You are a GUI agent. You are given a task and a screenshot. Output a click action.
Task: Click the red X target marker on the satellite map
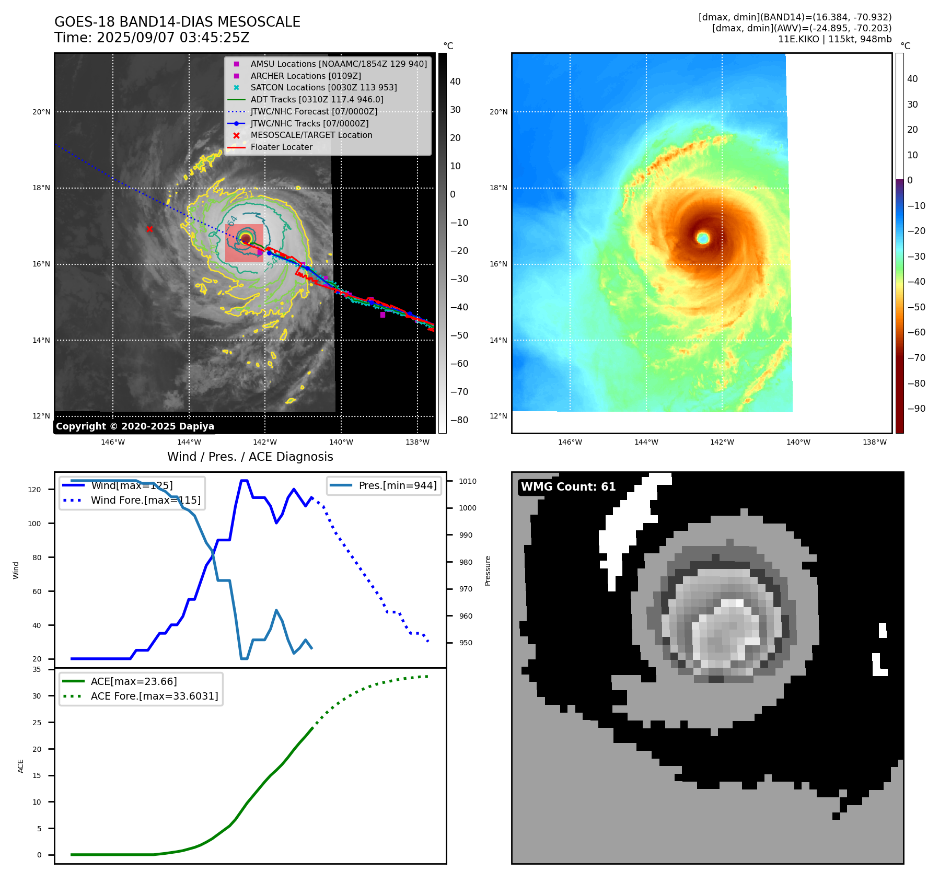(150, 229)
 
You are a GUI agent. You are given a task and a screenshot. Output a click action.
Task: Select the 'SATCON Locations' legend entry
(323, 88)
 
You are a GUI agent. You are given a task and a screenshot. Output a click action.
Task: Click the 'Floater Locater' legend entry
(281, 147)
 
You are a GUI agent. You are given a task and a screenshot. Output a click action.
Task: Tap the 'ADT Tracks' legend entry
(317, 100)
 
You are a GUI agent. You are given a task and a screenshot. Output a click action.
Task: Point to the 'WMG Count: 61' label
(568, 487)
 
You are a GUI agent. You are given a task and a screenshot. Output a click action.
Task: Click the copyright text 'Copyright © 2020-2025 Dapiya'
(135, 426)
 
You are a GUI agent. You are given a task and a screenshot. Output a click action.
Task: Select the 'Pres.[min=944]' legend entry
(397, 486)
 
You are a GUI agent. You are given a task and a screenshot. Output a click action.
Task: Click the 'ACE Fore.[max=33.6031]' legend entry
(154, 696)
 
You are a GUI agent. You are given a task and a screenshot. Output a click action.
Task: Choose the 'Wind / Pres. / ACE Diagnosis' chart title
(250, 457)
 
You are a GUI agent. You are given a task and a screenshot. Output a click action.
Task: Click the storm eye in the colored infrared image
(703, 238)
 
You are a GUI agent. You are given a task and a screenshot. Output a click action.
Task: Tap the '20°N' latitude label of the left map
(41, 112)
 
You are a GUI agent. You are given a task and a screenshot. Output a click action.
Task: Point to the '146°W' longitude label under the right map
(570, 442)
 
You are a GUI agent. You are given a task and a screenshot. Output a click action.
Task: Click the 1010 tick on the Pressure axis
(468, 481)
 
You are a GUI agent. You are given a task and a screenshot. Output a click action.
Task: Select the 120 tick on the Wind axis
(34, 490)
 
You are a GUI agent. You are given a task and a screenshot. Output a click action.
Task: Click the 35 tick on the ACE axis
(37, 669)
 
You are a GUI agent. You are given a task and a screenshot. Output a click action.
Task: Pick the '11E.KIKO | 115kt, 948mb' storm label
(834, 39)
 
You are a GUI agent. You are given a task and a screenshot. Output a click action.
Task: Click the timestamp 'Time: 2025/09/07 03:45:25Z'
(152, 38)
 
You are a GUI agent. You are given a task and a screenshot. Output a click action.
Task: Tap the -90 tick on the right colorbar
(915, 409)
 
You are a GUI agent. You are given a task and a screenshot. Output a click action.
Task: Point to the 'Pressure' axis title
(488, 571)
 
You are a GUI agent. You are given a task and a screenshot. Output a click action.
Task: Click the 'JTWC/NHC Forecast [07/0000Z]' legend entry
(314, 112)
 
